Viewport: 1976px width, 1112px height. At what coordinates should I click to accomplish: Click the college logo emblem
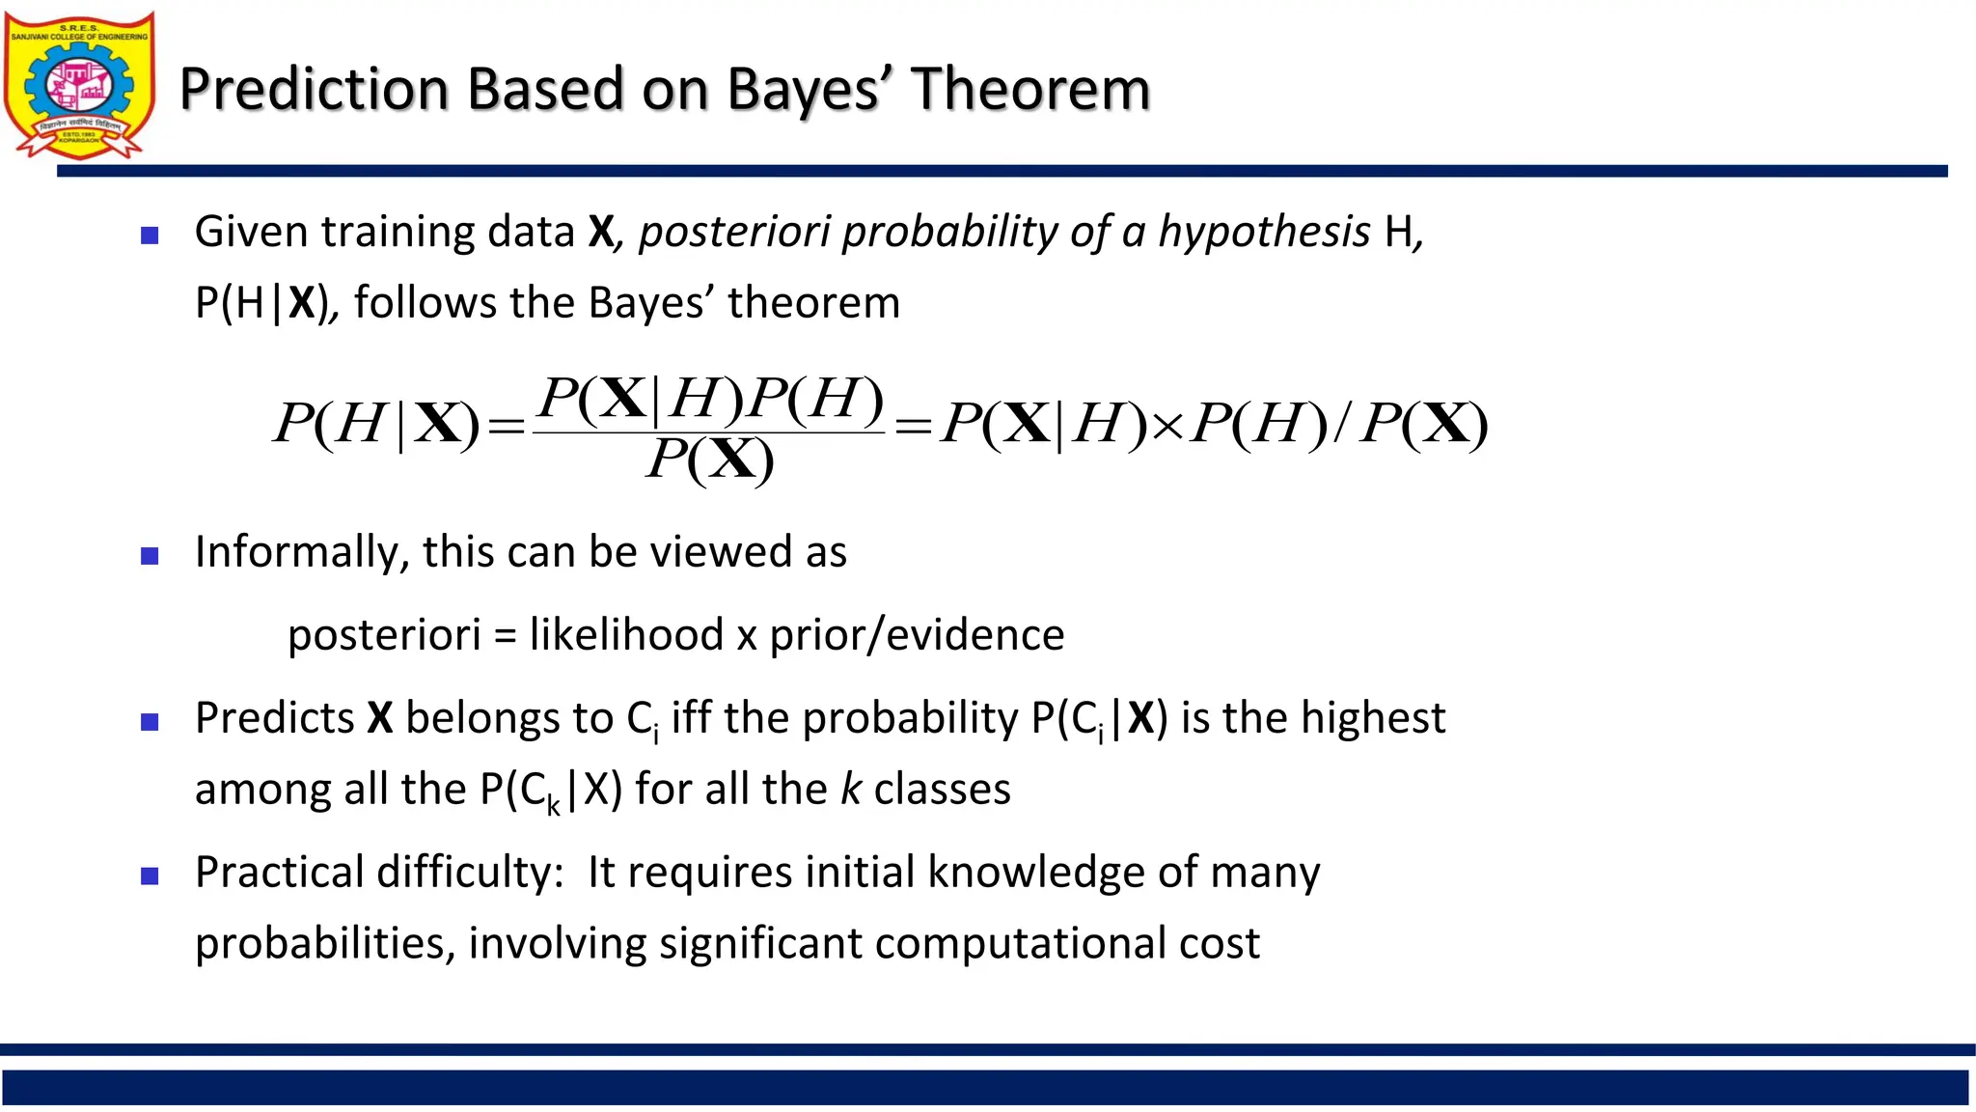point(79,85)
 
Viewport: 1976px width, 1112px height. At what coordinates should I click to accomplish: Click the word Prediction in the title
point(315,89)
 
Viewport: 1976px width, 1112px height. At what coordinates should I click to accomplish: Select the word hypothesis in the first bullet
point(1263,232)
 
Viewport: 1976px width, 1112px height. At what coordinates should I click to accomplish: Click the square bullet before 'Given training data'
point(150,235)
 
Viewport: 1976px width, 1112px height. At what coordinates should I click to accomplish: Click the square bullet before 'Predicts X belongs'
point(150,722)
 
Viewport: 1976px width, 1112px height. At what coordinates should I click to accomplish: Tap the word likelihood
point(626,635)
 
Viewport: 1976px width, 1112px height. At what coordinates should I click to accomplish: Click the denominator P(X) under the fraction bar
point(710,459)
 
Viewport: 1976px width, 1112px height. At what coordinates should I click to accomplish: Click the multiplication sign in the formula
point(1167,426)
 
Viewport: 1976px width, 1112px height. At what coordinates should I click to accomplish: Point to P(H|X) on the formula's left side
point(376,424)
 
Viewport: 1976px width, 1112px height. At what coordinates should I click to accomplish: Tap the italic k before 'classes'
point(850,789)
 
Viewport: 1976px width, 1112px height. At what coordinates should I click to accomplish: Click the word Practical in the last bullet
point(279,872)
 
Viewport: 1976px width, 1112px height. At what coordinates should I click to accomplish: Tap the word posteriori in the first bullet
point(733,232)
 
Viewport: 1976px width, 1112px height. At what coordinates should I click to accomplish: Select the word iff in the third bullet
point(691,718)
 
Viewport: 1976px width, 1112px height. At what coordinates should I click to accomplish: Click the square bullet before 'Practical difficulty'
point(150,876)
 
